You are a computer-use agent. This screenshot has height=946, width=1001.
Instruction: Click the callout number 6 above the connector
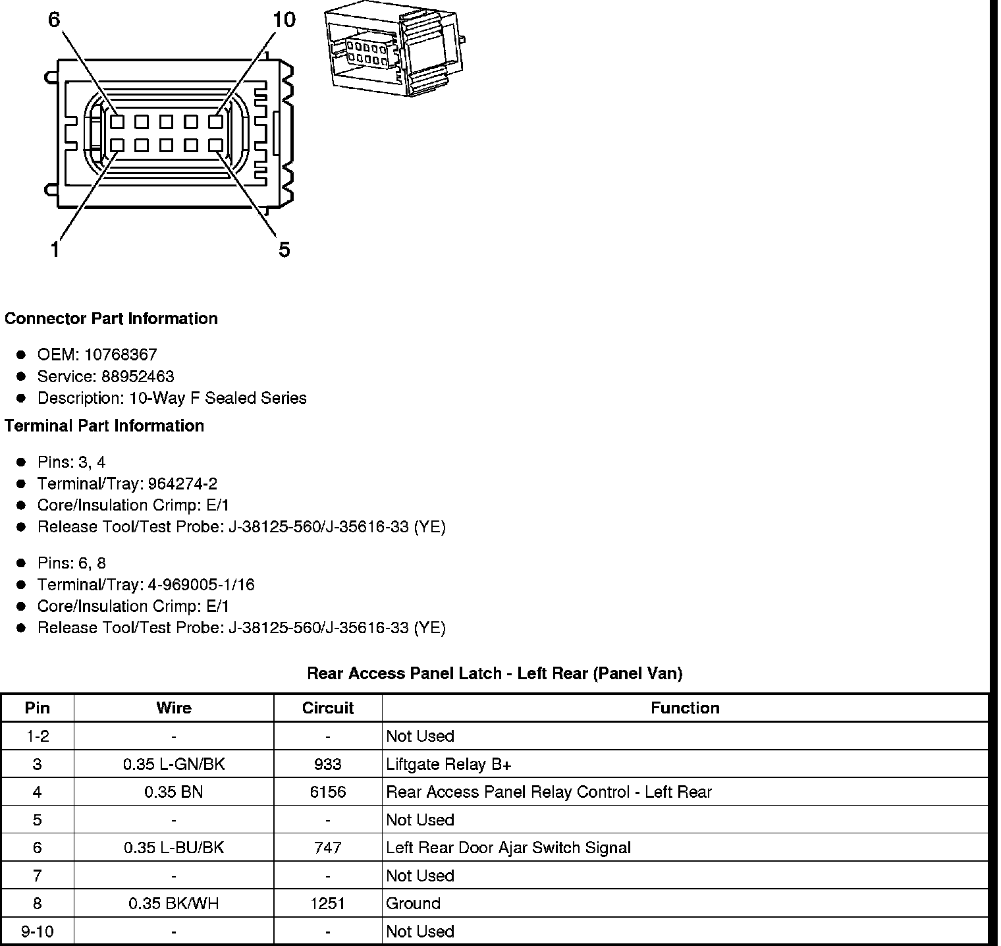(x=54, y=20)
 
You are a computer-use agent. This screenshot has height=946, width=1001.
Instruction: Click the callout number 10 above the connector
(x=284, y=20)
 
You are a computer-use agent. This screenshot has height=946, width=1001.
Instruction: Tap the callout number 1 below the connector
(x=55, y=250)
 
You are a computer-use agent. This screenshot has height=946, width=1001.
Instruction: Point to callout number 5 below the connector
(x=284, y=250)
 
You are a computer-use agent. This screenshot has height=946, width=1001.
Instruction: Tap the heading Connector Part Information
(x=111, y=319)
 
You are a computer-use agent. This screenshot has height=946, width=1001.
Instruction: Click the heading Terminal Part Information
(x=104, y=426)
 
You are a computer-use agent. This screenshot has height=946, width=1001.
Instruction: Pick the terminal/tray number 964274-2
(x=182, y=484)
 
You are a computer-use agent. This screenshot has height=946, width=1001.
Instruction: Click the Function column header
(x=685, y=708)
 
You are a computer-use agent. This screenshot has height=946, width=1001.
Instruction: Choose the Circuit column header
(x=327, y=708)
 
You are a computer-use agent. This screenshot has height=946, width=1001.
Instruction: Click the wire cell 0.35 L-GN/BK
(x=174, y=764)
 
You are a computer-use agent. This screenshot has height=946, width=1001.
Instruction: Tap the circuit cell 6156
(x=327, y=792)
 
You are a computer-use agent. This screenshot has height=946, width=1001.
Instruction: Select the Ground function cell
(x=413, y=904)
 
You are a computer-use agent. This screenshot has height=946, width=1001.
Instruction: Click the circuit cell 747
(x=327, y=848)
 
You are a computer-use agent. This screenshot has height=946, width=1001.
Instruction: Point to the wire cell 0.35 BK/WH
(x=174, y=904)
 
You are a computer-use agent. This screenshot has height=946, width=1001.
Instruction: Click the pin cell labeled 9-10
(x=37, y=932)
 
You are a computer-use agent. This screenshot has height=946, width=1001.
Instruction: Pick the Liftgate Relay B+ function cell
(x=448, y=764)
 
